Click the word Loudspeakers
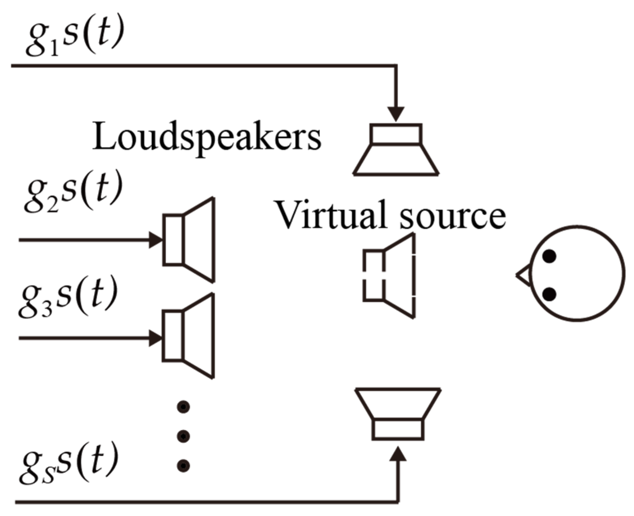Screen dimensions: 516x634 click(206, 137)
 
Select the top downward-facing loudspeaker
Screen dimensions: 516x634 click(396, 149)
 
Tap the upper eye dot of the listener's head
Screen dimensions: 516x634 click(549, 256)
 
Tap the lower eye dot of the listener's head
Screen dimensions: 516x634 click(549, 294)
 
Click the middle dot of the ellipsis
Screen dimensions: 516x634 click(183, 436)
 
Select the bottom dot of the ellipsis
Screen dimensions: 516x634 click(183, 466)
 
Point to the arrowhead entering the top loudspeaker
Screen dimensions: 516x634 click(396, 114)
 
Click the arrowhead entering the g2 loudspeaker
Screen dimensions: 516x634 click(156, 240)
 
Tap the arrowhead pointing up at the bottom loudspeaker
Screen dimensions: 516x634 click(398, 454)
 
